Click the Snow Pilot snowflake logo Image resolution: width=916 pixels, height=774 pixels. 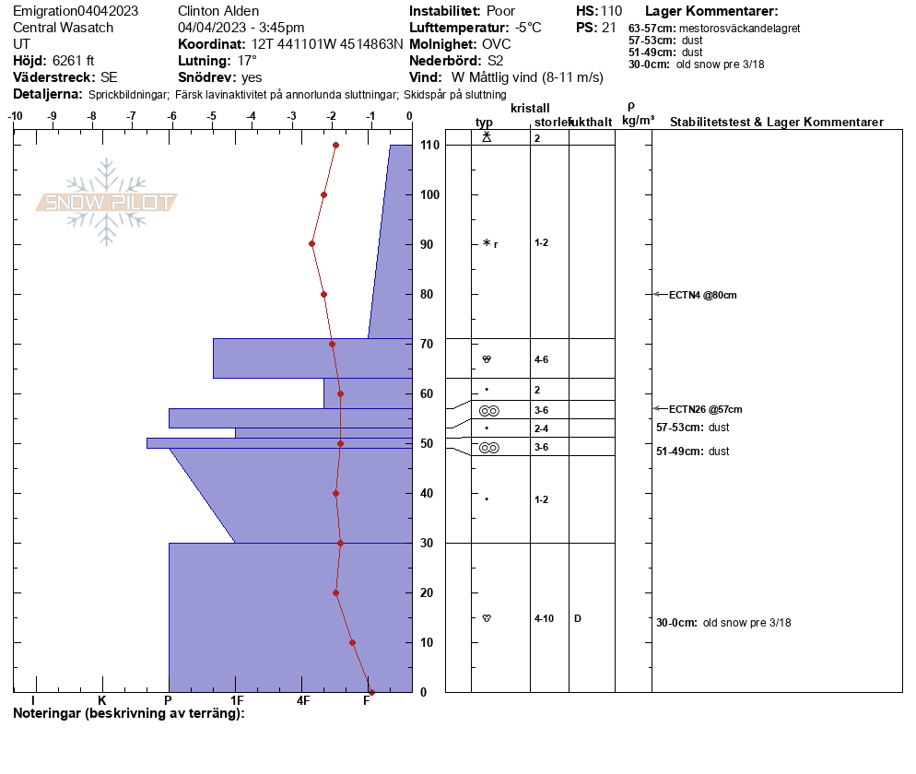pos(106,202)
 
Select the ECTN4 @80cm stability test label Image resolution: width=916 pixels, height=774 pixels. pos(703,295)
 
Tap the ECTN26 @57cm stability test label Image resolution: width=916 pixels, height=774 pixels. pos(706,409)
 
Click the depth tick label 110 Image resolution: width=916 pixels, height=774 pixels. pos(430,145)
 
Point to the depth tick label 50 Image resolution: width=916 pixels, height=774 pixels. pos(427,443)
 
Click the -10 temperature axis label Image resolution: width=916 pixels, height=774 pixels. pos(15,116)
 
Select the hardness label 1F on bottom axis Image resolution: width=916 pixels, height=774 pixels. pos(237,700)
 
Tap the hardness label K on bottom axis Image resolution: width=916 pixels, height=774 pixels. pos(102,700)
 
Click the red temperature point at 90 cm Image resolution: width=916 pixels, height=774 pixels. pos(312,244)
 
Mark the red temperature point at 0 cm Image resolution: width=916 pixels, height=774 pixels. pos(371,692)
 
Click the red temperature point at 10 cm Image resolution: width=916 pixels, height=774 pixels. pos(352,642)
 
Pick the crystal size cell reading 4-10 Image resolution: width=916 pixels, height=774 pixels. pos(544,618)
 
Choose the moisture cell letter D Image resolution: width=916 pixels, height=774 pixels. pos(578,618)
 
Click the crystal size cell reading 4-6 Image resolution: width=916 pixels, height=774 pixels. pos(542,360)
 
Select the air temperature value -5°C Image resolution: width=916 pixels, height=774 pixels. pos(528,28)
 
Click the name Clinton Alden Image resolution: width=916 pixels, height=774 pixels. pos(218,11)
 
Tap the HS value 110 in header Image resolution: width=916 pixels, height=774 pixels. pos(611,11)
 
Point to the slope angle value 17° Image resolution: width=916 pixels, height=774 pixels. pos(247,61)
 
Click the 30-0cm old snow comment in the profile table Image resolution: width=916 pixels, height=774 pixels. pos(723,623)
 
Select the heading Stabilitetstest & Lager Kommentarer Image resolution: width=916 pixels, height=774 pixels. pos(776,122)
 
